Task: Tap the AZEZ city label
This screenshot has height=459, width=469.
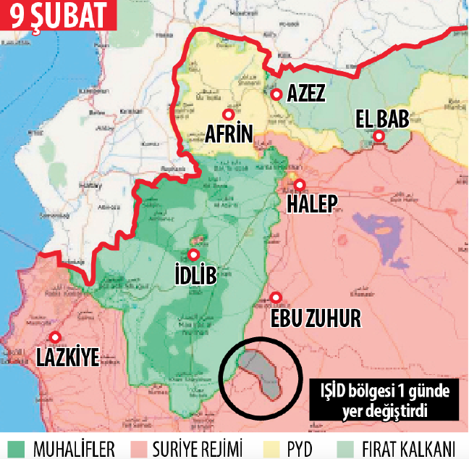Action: (x=306, y=94)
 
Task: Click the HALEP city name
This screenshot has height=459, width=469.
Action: (x=312, y=204)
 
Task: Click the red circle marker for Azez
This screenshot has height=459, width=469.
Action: (x=275, y=94)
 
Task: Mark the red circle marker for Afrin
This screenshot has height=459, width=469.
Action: (x=227, y=114)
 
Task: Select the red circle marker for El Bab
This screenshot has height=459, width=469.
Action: (x=379, y=136)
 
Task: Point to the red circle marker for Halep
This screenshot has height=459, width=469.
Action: (x=298, y=185)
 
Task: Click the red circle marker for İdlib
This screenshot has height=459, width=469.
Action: (x=193, y=255)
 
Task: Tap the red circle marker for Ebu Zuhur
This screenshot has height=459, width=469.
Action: (x=276, y=297)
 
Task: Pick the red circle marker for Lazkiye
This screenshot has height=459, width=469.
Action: (x=54, y=336)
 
